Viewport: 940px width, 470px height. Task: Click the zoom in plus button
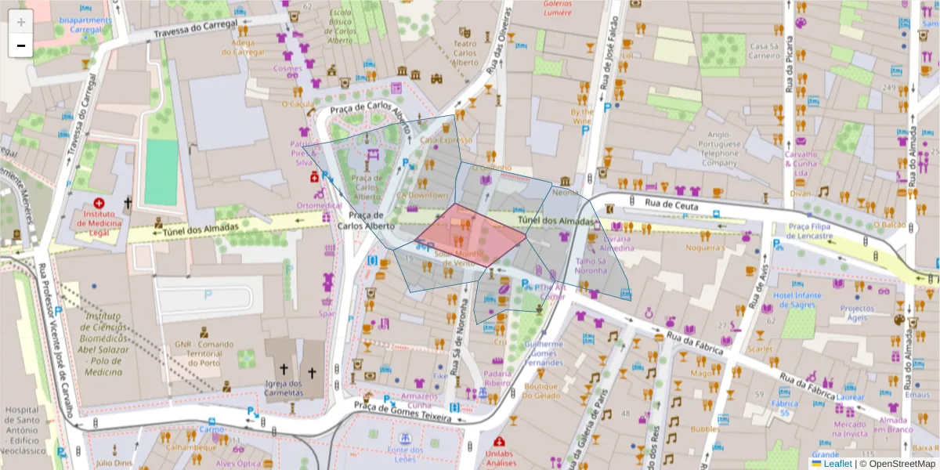point(21,22)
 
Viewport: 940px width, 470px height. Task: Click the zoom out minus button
point(21,45)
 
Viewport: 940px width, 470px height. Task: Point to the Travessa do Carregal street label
point(195,28)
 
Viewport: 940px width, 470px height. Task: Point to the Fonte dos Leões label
point(405,454)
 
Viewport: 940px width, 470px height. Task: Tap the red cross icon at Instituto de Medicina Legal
point(99,202)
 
